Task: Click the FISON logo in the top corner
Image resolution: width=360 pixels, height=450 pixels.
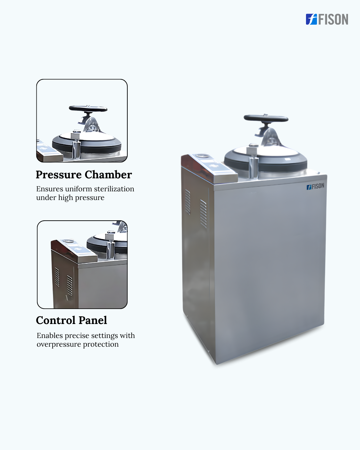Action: point(327,19)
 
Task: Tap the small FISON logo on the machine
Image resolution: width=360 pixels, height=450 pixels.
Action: point(315,186)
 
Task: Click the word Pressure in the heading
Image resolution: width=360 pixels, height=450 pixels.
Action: point(59,175)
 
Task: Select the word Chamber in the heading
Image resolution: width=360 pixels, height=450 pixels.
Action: point(108,175)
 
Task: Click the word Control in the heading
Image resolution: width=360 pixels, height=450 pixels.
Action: point(56,320)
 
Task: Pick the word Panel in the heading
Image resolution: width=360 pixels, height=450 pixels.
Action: point(93,320)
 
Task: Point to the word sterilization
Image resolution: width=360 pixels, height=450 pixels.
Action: point(114,189)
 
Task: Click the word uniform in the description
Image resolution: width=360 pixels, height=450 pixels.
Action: point(78,189)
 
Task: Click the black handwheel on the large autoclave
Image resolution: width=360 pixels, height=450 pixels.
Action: point(266,118)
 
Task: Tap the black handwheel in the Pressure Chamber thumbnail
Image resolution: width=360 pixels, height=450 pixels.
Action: point(88,109)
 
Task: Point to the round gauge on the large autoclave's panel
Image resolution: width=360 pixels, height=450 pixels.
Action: point(202,156)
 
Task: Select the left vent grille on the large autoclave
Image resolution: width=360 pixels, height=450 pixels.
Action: point(188,202)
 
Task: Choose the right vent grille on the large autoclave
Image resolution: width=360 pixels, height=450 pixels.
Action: point(203,214)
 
